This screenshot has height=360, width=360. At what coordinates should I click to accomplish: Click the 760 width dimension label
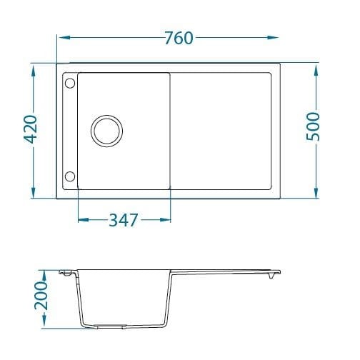(179, 38)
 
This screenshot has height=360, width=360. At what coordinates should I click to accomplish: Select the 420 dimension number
(31, 129)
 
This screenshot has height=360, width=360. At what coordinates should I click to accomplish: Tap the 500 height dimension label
(313, 126)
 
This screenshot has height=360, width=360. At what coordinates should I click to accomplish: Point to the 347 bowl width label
(124, 220)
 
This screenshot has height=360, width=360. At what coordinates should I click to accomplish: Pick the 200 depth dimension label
(41, 296)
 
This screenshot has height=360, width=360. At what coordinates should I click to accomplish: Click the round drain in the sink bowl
(107, 131)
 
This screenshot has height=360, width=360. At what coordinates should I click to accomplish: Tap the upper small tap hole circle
(70, 84)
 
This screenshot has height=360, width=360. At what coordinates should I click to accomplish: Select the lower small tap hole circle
(70, 176)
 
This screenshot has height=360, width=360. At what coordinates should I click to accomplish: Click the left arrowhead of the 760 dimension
(64, 37)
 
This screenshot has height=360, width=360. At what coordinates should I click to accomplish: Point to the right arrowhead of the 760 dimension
(273, 37)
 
